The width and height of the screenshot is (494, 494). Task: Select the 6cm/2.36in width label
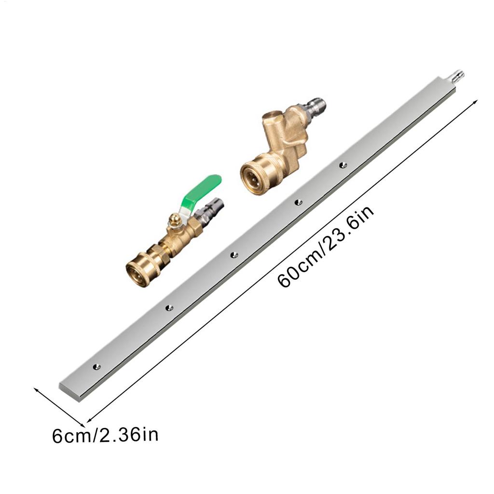click(105, 436)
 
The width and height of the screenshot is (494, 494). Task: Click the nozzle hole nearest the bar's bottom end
click(96, 367)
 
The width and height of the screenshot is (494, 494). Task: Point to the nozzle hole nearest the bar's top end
click(343, 165)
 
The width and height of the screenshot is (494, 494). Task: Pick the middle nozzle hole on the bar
click(234, 255)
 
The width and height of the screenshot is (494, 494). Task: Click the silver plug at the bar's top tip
click(458, 77)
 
